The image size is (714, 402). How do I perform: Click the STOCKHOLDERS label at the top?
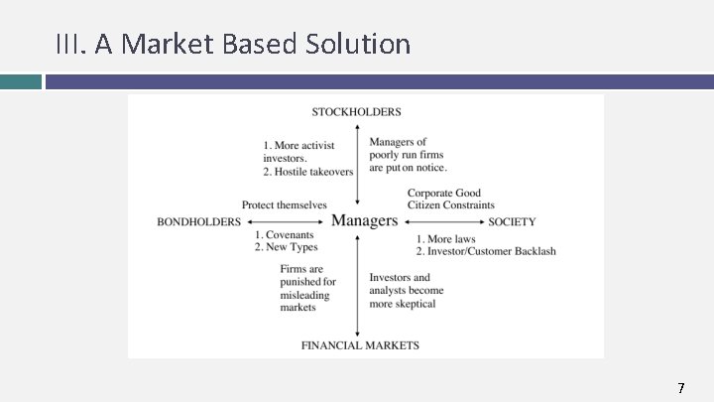click(x=357, y=112)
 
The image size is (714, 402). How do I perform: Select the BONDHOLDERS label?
click(x=198, y=221)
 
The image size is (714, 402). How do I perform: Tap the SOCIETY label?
click(x=512, y=221)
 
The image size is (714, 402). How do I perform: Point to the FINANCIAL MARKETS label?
click(x=360, y=345)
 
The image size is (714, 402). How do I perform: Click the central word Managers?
click(x=364, y=220)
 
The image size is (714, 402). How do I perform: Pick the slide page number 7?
click(x=680, y=387)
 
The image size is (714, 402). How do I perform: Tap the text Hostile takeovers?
click(x=313, y=172)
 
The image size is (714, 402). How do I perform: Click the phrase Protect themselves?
click(x=285, y=205)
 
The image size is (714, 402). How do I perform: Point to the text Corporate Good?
click(x=444, y=194)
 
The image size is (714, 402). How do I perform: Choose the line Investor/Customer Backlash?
click(x=492, y=251)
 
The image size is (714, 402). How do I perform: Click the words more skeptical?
click(x=403, y=304)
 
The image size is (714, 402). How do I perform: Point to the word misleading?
click(x=304, y=295)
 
